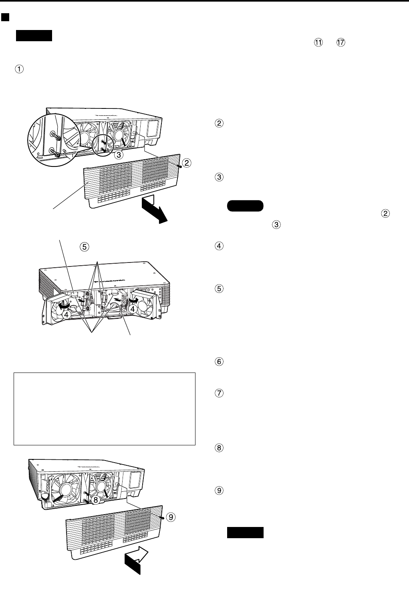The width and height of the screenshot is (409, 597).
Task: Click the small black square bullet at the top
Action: [5, 18]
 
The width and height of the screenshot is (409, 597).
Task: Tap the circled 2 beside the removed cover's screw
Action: [185, 162]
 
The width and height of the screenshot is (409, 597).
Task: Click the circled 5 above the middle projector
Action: [84, 247]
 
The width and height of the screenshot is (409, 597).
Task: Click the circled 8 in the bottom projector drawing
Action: [96, 500]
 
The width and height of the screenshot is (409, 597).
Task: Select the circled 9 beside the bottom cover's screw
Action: [171, 517]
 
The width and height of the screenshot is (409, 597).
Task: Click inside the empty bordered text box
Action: [104, 409]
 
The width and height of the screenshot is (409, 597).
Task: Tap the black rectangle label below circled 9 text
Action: [245, 532]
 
